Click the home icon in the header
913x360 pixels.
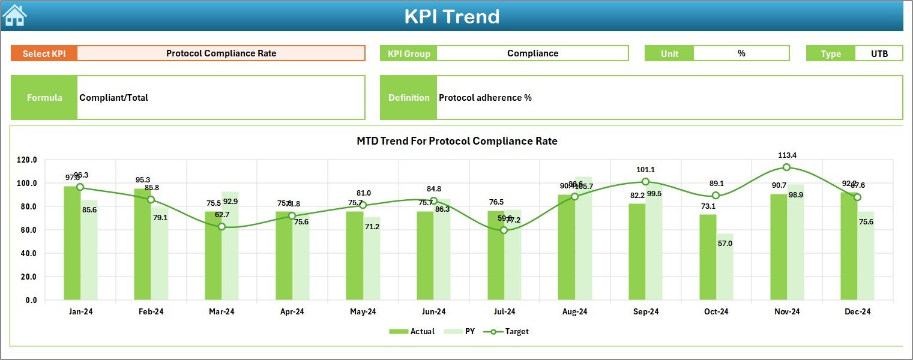point(15,16)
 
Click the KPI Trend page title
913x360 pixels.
point(451,16)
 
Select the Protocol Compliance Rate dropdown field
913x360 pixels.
point(221,53)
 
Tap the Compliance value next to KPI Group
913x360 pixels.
point(532,53)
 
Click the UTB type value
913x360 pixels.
point(879,53)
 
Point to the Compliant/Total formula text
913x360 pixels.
point(114,98)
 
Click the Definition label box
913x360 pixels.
point(408,98)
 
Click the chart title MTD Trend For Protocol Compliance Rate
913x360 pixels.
point(457,142)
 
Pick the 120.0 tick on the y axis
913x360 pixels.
point(26,160)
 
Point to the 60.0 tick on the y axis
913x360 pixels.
point(26,230)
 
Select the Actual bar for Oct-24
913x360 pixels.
point(708,257)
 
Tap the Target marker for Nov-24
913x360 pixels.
point(786,167)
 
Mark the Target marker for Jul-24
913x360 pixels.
point(504,230)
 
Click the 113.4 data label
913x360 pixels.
point(786,155)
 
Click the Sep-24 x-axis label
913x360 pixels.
point(645,312)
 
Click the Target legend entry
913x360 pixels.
point(509,331)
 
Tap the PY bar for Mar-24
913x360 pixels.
point(231,246)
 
